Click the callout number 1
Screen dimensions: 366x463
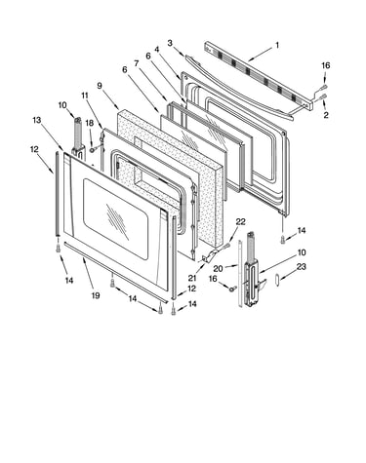click(277, 45)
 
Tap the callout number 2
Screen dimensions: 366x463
click(326, 114)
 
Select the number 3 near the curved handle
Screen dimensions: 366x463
click(170, 43)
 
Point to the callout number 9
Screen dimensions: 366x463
click(100, 86)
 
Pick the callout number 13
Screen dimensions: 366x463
click(37, 120)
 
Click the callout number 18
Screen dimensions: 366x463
click(90, 123)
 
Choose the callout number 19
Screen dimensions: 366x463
click(96, 295)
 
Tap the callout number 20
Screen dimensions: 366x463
click(218, 268)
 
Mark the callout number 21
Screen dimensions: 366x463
click(192, 278)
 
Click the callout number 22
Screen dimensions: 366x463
click(240, 222)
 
